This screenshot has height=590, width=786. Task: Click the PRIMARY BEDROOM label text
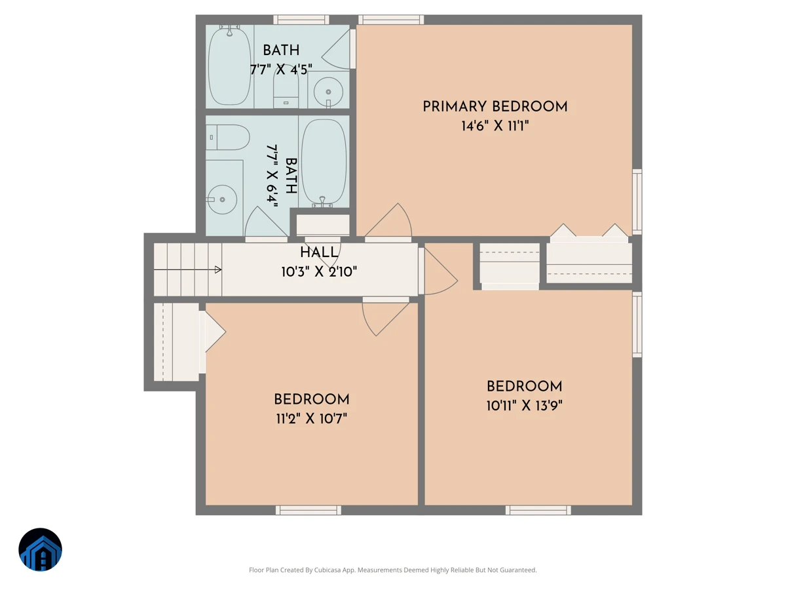(495, 107)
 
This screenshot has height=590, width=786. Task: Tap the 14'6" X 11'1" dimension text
(495, 126)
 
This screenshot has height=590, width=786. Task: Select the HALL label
(319, 252)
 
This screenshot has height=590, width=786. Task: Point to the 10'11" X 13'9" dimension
(524, 406)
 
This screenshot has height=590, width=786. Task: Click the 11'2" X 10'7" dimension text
(312, 418)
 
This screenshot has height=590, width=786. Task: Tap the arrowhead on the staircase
(217, 269)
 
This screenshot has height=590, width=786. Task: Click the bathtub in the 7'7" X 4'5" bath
(229, 66)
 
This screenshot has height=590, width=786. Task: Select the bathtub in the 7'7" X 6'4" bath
(324, 163)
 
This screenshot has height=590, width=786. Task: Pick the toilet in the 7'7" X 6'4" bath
(228, 137)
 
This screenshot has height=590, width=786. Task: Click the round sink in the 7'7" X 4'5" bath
(328, 92)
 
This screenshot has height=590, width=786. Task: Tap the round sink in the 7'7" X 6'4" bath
(222, 199)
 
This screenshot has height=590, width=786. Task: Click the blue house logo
(40, 549)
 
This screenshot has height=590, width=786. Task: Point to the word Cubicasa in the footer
(327, 570)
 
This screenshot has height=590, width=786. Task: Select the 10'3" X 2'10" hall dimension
(319, 272)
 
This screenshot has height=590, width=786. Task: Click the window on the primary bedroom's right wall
(637, 202)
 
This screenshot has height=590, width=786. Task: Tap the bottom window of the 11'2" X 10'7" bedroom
(309, 510)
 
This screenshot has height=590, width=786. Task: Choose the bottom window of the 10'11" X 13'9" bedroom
(538, 510)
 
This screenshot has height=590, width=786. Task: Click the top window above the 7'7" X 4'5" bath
(301, 20)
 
